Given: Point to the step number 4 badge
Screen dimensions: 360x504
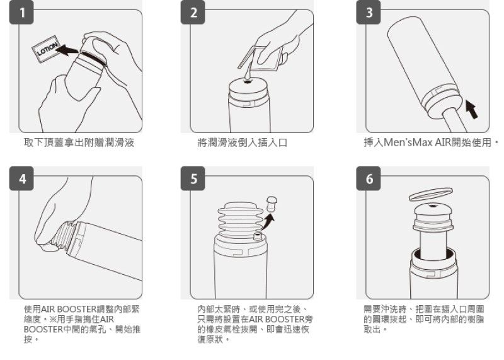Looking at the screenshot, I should coord(23,179).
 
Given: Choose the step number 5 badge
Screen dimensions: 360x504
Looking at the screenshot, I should coord(193,179).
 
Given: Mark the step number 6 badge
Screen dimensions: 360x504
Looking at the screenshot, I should coord(369,179).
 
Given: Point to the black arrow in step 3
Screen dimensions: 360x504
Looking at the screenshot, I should coord(471,108).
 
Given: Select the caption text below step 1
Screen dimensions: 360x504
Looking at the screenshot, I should coord(79,143).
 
